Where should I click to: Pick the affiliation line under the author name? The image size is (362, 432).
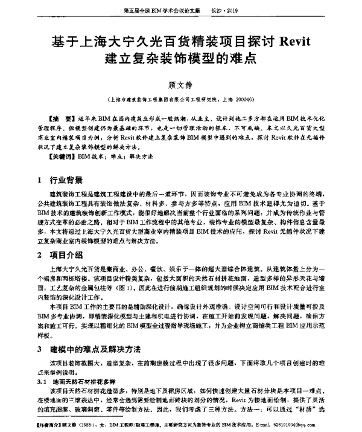click(x=180, y=98)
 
